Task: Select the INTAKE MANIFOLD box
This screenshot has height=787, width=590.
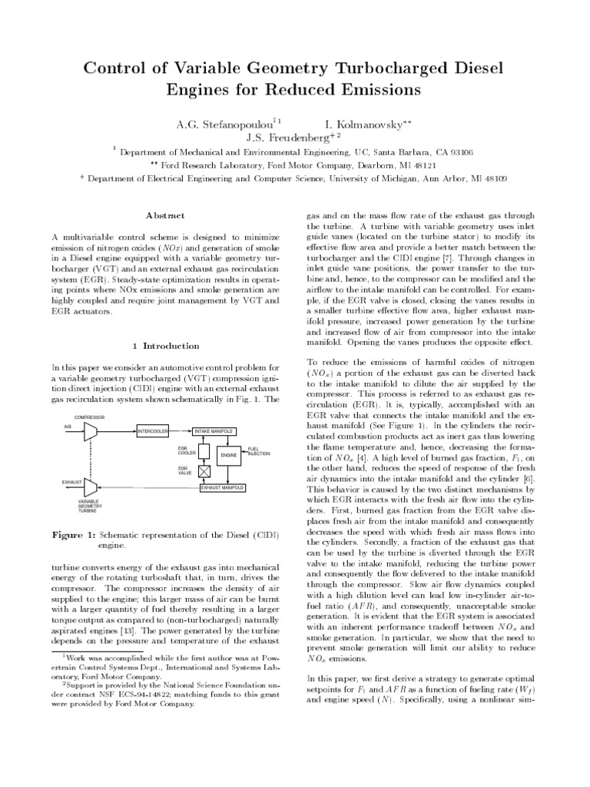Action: click(214, 432)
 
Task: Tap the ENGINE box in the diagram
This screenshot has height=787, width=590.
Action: click(228, 455)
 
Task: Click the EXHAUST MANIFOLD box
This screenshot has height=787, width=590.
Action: click(223, 487)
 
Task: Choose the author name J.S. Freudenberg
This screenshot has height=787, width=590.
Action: click(290, 138)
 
